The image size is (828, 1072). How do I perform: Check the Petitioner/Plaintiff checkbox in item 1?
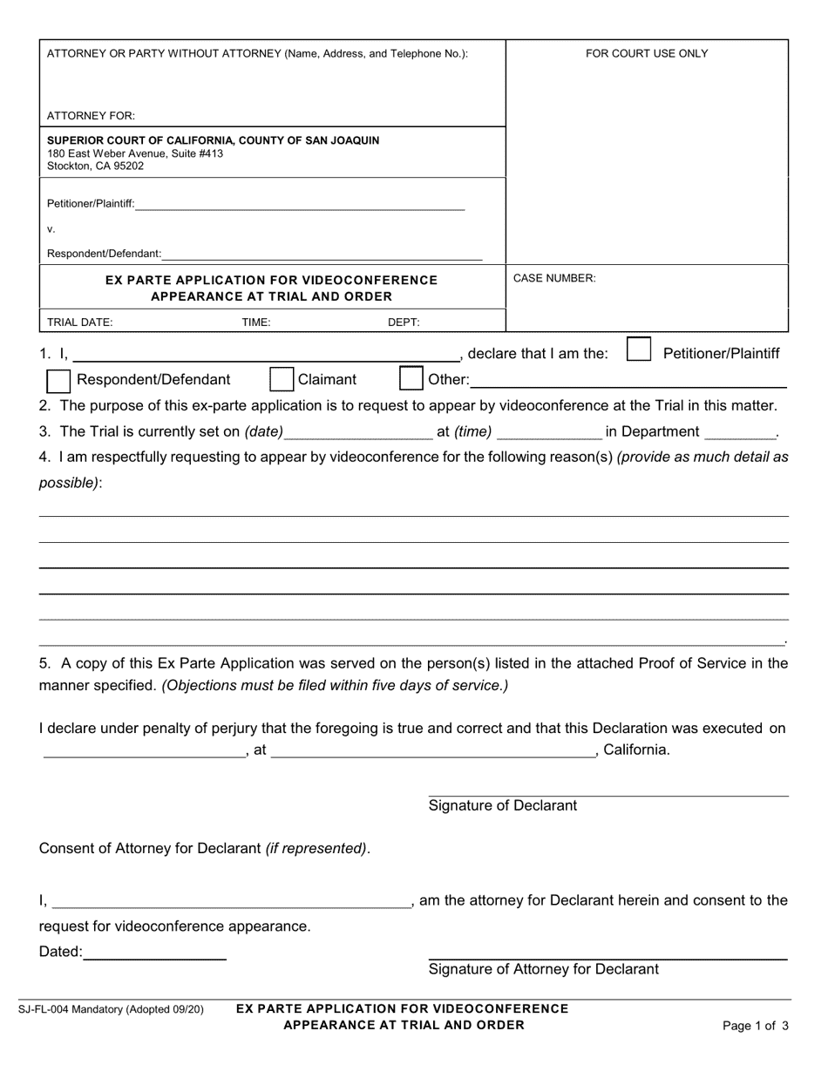click(639, 350)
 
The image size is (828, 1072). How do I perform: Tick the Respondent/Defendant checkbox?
click(58, 380)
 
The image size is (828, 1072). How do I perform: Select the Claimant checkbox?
click(282, 379)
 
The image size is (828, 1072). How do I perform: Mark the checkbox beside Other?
click(411, 379)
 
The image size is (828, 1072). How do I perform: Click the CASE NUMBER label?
click(554, 278)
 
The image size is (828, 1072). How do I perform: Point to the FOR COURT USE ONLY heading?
click(647, 53)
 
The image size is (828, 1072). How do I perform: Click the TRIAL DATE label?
click(79, 322)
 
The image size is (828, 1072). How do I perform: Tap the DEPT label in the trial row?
click(404, 322)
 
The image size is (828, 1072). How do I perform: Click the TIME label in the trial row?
click(256, 322)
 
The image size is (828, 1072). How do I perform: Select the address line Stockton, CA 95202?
click(96, 166)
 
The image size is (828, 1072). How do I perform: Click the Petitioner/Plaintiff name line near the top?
click(300, 206)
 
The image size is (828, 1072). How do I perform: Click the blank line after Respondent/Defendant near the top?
click(322, 254)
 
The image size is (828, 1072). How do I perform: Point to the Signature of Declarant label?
click(502, 805)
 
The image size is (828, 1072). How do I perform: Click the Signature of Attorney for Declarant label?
click(543, 969)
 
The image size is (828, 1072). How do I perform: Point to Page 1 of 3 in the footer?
click(756, 1026)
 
